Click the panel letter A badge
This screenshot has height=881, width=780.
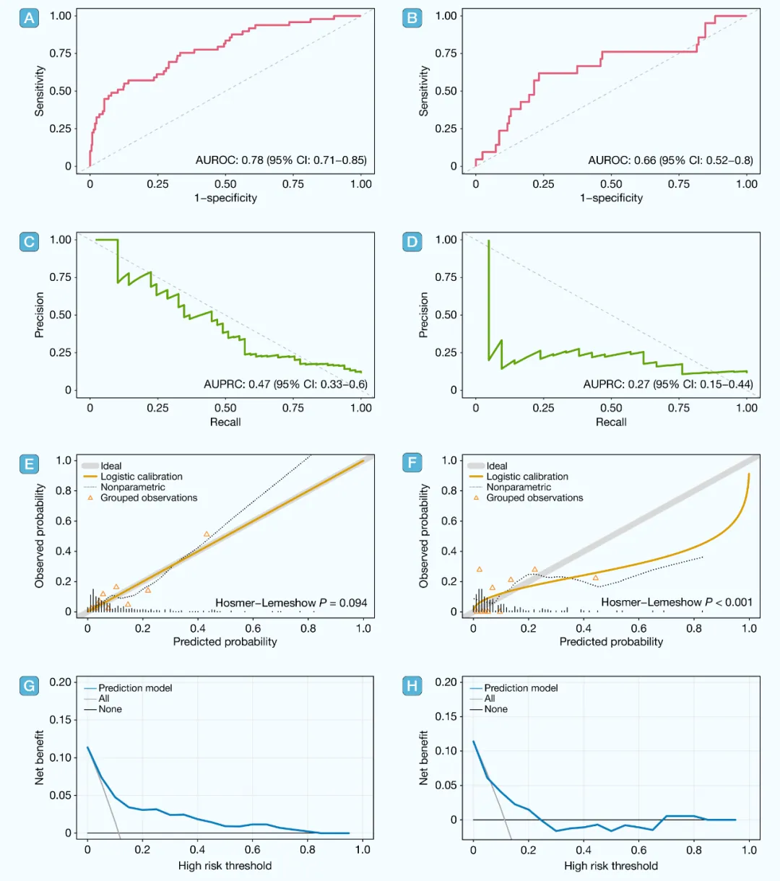pos(29,18)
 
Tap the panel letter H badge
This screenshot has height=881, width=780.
pos(412,685)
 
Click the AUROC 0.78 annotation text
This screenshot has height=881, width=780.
pos(281,160)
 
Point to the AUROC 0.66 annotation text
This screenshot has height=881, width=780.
pos(670,160)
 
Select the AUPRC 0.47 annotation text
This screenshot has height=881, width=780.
pos(285,384)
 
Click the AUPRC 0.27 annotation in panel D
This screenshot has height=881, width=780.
pos(668,384)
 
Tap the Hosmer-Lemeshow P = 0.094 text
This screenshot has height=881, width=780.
pos(291,602)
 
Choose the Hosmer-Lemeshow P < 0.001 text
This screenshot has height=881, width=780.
pos(677,602)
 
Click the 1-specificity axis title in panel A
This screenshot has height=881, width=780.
pos(225,198)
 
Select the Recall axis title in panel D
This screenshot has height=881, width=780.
pos(611,422)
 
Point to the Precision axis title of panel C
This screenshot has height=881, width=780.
pos(40,315)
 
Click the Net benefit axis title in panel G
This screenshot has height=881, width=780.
pos(40,758)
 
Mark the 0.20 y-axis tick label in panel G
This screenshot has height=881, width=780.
pos(61,682)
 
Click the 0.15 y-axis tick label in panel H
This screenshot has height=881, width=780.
pos(446,716)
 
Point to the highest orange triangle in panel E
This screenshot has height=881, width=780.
pos(207,534)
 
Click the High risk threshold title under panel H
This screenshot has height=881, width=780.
pos(611,865)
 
